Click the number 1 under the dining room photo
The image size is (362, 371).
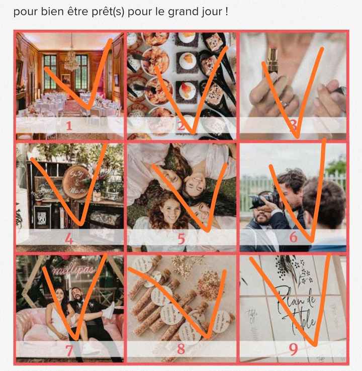69,126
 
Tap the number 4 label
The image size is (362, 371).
69,239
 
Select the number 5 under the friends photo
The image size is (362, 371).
181,239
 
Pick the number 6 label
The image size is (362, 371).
294,237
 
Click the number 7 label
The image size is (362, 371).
69,348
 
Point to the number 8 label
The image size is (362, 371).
181,348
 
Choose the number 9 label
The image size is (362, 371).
294,348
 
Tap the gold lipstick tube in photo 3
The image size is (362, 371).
274,53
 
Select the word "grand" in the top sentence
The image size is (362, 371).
178,11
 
